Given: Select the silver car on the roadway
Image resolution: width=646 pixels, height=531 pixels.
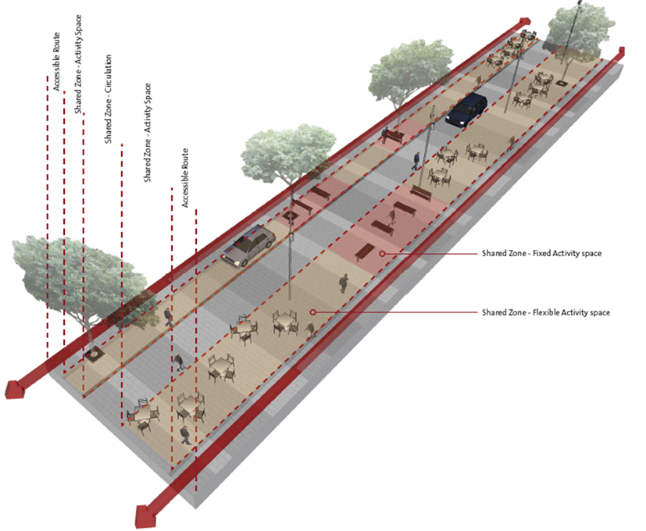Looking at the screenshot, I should click(247, 247).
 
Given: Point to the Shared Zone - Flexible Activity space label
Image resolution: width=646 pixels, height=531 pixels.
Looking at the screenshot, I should click(546, 312).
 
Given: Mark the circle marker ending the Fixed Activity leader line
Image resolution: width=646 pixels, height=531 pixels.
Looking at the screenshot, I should click(382, 254).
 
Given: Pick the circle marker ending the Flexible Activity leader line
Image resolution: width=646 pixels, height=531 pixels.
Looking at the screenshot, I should click(312, 312).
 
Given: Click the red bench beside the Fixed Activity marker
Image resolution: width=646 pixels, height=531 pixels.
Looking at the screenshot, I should click(365, 251).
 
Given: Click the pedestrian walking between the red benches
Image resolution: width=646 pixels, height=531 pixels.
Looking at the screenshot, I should click(392, 218).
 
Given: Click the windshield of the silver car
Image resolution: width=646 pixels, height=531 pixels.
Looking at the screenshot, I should click(259, 237).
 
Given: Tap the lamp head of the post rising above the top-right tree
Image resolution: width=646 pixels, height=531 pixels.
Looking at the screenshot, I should click(580, 3).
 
